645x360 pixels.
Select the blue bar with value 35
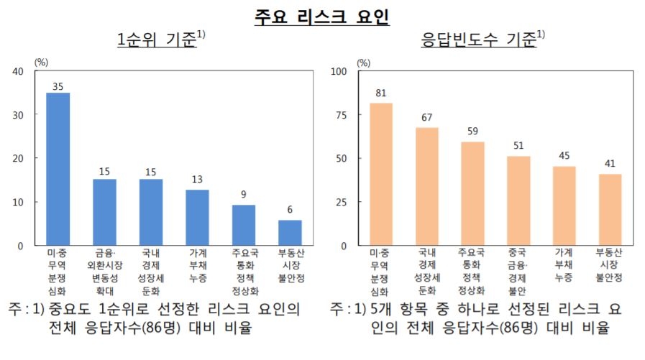click(58, 169)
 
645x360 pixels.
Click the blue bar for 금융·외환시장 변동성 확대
click(104, 212)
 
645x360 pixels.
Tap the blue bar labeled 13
click(197, 217)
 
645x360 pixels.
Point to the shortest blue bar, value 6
click(290, 232)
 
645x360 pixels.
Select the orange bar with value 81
click(380, 174)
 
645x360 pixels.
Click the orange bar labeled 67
click(426, 186)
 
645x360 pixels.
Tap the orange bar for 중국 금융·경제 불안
click(518, 200)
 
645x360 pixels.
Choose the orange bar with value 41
click(610, 209)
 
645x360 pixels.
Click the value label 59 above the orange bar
click(472, 132)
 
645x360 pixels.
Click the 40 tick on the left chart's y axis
click(19, 71)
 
